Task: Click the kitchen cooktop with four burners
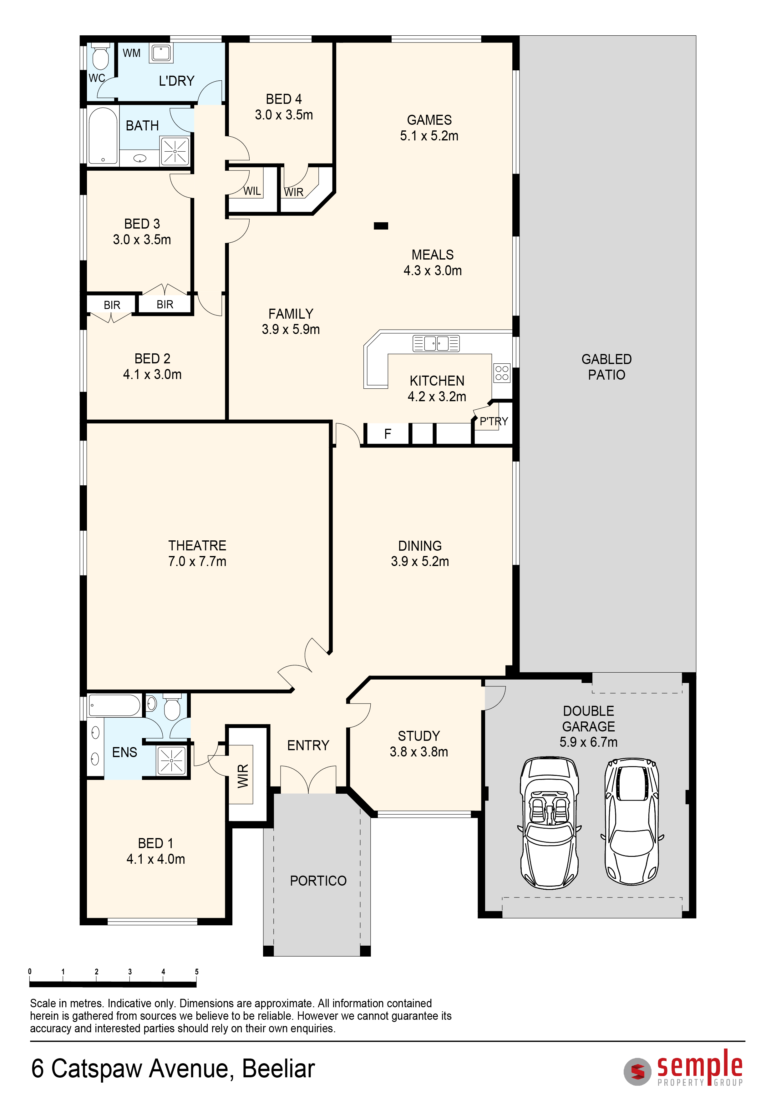click(502, 373)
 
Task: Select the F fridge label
click(388, 434)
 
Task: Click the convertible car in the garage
click(550, 823)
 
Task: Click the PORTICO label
click(318, 881)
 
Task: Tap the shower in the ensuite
click(171, 760)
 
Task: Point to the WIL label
click(252, 191)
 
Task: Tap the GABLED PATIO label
click(606, 367)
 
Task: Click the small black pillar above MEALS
click(381, 226)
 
